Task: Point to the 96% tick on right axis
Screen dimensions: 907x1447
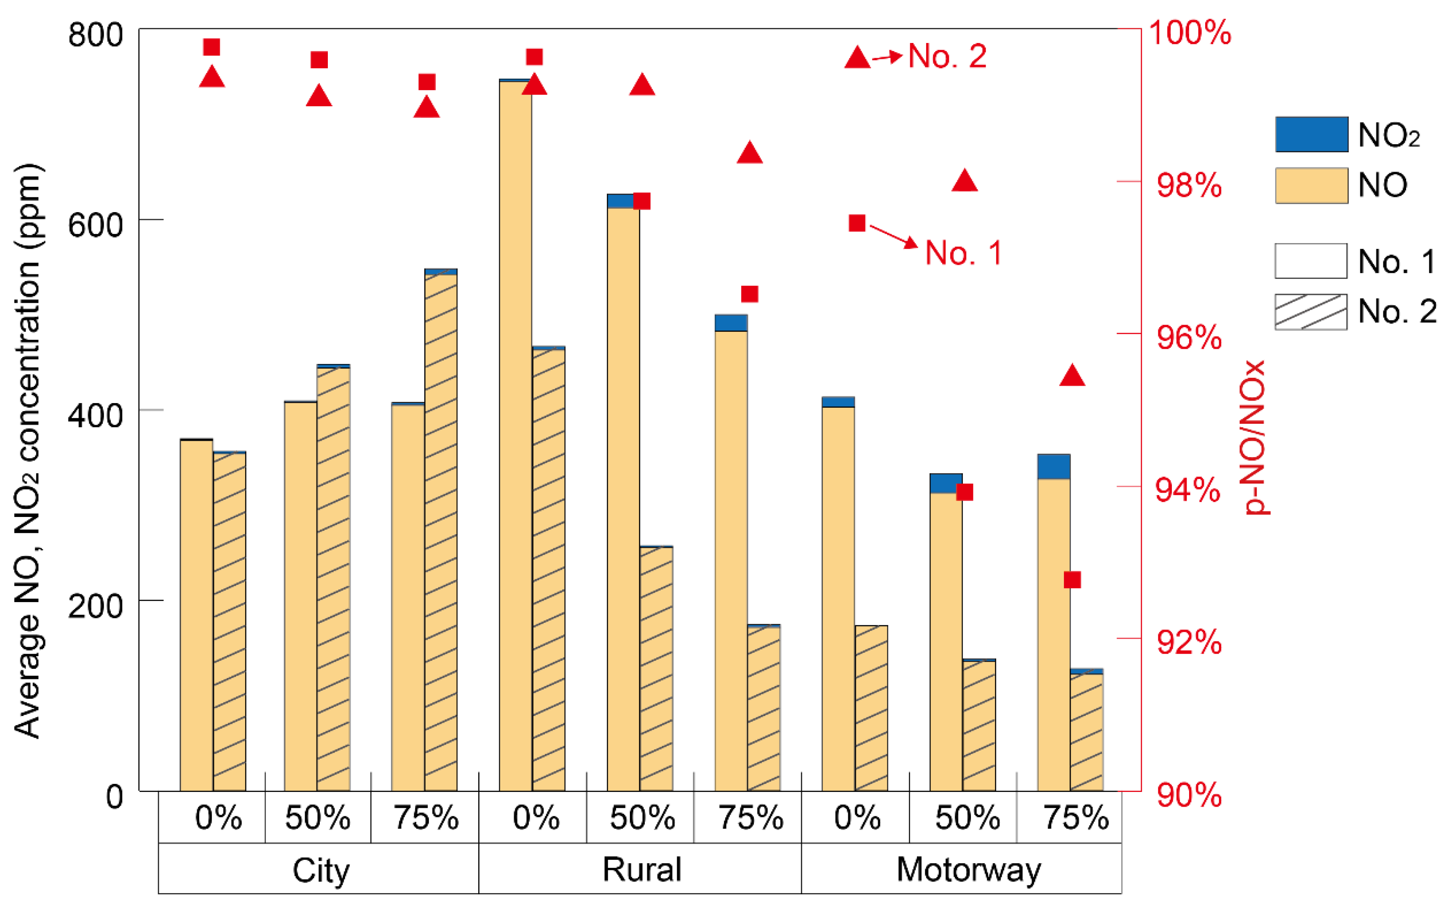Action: [1189, 337]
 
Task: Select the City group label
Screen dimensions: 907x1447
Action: [321, 870]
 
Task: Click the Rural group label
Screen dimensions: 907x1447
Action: [641, 870]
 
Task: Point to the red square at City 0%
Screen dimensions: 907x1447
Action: [212, 47]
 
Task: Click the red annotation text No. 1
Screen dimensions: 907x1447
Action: [963, 253]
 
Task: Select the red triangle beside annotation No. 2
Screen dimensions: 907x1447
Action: [857, 58]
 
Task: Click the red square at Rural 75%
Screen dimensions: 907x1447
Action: [749, 294]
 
